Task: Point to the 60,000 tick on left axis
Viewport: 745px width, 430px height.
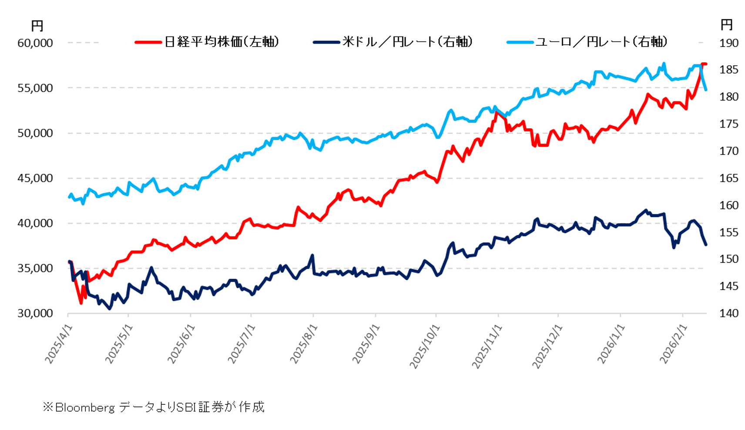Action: (35, 43)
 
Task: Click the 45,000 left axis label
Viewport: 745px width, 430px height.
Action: (35, 178)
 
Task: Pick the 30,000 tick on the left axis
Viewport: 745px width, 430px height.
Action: (35, 313)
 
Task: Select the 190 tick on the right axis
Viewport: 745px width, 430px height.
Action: (728, 43)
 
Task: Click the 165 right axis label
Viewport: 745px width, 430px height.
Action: (728, 178)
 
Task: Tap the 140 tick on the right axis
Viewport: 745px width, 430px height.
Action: (728, 313)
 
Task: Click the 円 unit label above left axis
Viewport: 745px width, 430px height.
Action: (37, 26)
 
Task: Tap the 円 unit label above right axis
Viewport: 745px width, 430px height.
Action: (726, 25)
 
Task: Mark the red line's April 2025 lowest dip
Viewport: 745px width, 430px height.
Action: (81, 303)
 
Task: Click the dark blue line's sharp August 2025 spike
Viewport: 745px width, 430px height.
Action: (312, 255)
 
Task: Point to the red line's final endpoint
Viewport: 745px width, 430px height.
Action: (706, 64)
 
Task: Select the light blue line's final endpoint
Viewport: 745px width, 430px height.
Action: (706, 90)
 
